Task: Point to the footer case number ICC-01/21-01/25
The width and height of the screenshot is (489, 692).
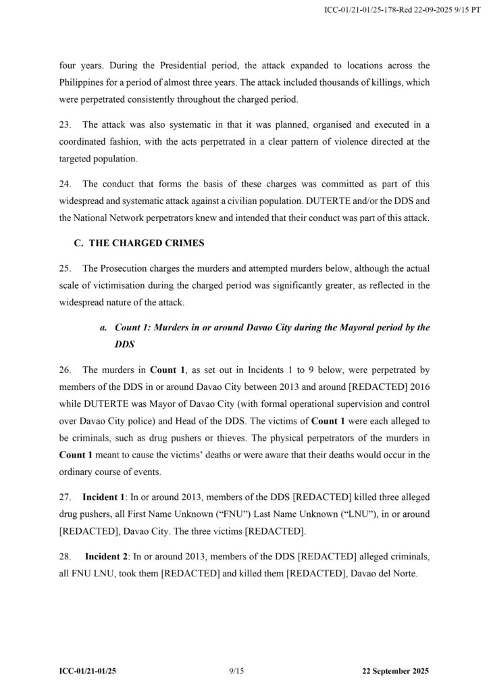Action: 92,670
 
